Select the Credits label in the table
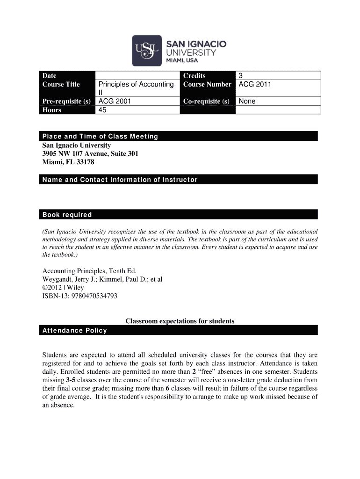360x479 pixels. (x=194, y=76)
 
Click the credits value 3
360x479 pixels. (x=241, y=76)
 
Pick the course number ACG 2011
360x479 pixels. (x=255, y=84)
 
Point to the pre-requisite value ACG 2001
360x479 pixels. (x=115, y=101)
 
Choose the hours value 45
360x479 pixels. (x=102, y=110)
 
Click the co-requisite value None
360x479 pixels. (x=247, y=101)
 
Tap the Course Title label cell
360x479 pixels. (x=61, y=84)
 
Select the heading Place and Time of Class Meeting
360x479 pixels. (x=100, y=137)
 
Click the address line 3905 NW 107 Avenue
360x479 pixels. (x=90, y=153)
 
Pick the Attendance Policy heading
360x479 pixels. (x=75, y=331)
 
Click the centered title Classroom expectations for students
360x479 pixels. (x=180, y=321)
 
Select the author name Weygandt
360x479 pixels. (x=58, y=279)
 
